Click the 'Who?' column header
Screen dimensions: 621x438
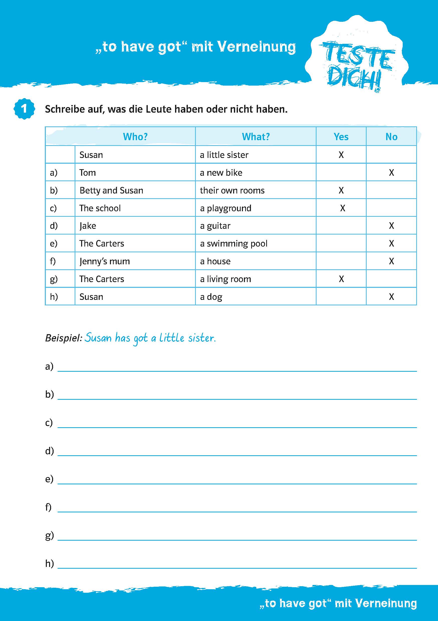[x=135, y=137]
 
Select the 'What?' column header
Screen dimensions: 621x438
[x=256, y=137]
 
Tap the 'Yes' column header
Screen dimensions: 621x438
[x=341, y=137]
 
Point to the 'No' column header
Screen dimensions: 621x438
[x=391, y=137]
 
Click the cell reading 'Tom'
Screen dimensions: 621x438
[x=88, y=172]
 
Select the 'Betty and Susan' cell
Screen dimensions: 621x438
[x=111, y=190]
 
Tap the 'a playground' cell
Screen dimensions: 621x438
[x=226, y=208]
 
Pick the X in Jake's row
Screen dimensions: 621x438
[x=391, y=226]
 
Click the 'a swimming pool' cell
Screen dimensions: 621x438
[x=234, y=244]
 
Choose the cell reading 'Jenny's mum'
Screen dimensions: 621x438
[x=105, y=261]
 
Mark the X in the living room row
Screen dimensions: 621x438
[x=341, y=279]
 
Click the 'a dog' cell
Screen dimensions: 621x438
[x=211, y=297]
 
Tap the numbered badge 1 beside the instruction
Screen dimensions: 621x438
[x=24, y=109]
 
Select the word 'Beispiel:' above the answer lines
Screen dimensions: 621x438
[x=63, y=338]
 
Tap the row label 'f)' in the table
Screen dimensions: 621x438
[x=53, y=261]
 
